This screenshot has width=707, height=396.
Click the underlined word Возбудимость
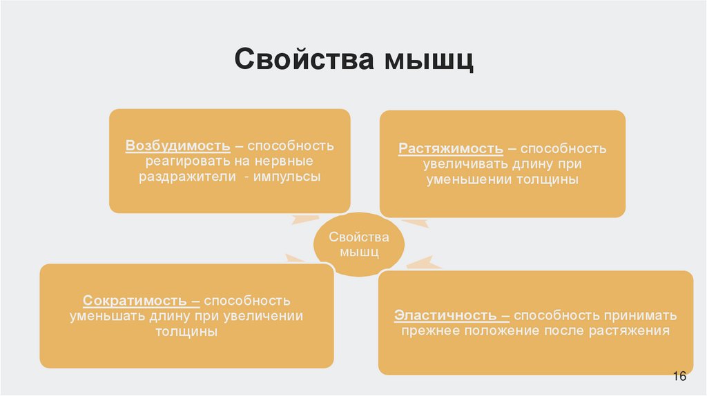pos(177,146)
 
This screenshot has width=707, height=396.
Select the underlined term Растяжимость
pos(450,149)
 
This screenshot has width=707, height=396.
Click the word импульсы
pos(287,177)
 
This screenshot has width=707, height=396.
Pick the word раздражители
pos(180,177)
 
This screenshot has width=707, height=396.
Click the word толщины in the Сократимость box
pos(186,332)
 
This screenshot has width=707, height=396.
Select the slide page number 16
pos(679,377)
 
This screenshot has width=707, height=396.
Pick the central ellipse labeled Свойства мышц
pos(358,245)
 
